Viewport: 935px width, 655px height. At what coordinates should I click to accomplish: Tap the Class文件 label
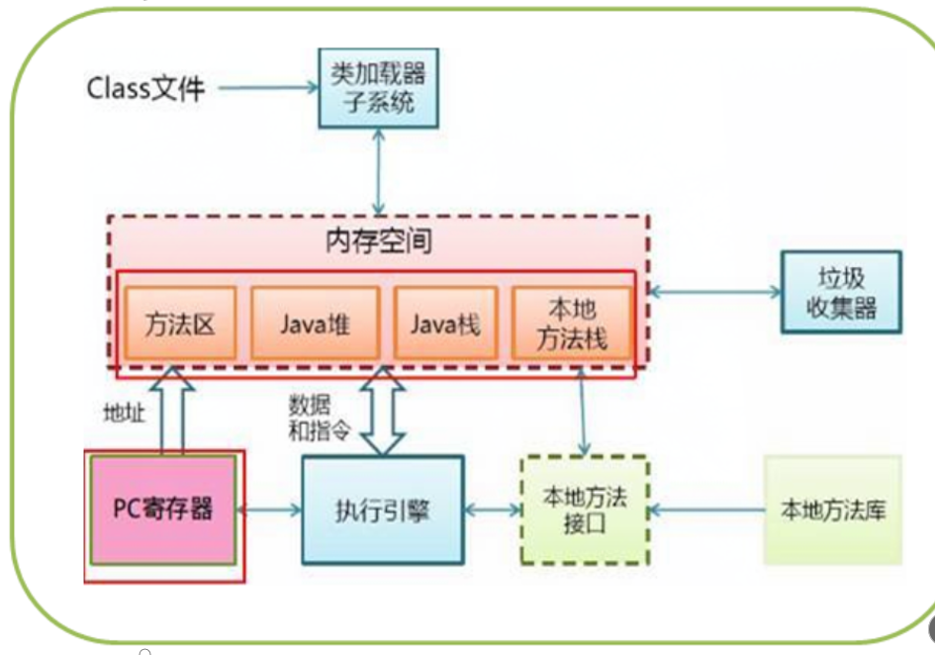click(x=145, y=89)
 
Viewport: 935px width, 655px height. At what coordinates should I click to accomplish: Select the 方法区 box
click(x=179, y=324)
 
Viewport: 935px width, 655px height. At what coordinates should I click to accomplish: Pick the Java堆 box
click(x=315, y=324)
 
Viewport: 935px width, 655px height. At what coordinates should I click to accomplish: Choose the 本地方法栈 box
click(x=571, y=324)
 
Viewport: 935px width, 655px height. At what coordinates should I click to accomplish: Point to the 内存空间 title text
click(x=379, y=241)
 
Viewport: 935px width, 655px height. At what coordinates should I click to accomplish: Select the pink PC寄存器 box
click(x=163, y=510)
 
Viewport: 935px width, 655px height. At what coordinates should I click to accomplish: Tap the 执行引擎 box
click(x=382, y=511)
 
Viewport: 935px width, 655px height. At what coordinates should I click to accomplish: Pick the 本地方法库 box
click(x=833, y=511)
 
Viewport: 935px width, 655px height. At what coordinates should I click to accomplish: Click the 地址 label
click(x=125, y=413)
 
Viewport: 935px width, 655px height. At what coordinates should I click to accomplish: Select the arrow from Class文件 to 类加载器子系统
click(x=267, y=89)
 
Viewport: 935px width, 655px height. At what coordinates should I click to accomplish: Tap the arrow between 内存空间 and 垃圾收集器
click(x=714, y=291)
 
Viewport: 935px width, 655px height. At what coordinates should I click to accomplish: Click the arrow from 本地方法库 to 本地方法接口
click(x=706, y=511)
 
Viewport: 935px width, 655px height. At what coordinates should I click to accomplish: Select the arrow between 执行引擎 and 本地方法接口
click(x=492, y=511)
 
